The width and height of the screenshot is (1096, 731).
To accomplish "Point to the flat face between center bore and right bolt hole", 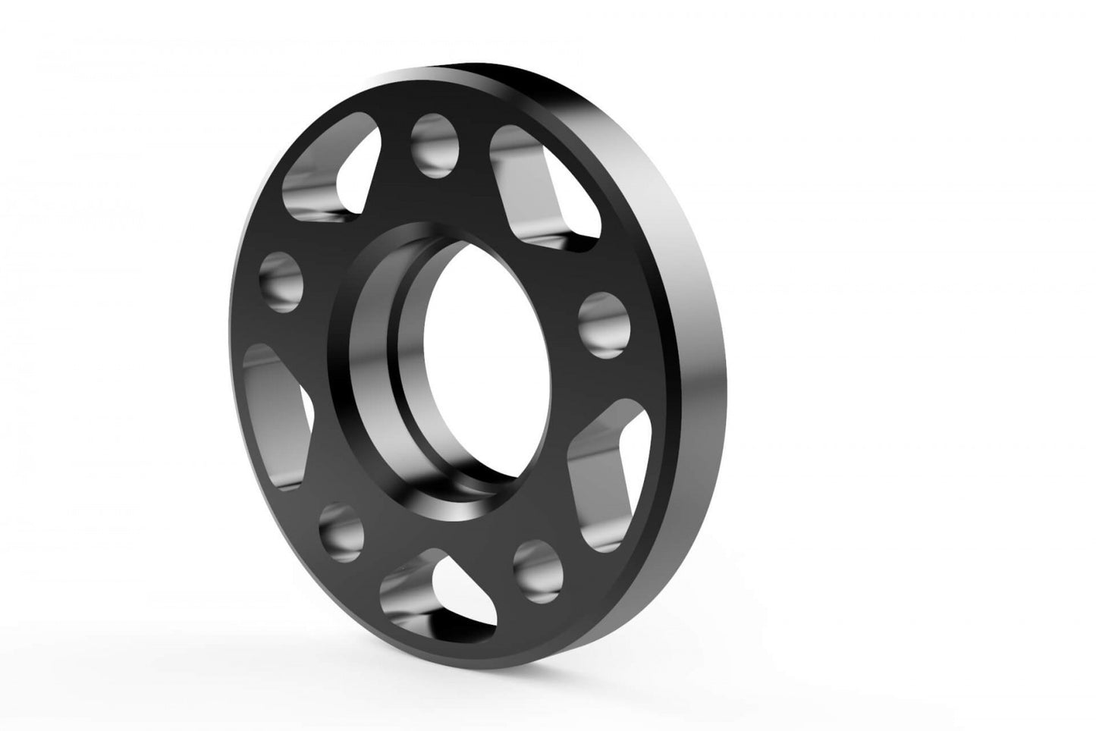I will coord(550,334).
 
